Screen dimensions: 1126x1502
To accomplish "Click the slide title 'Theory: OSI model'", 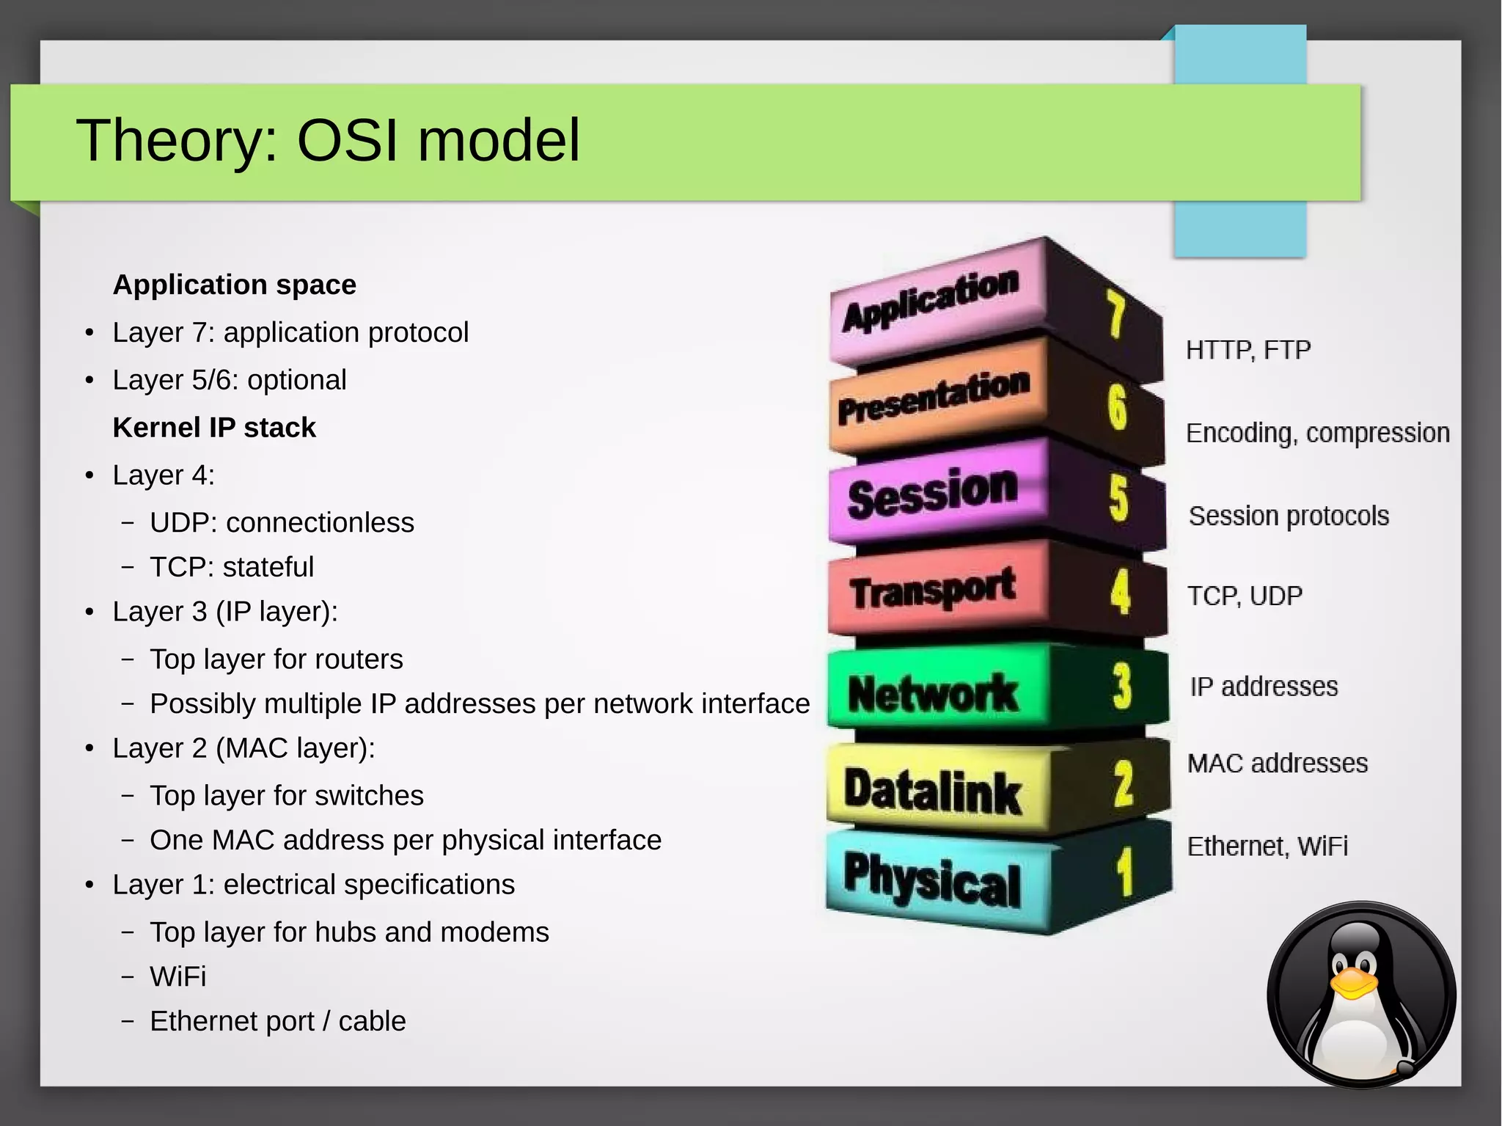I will point(328,140).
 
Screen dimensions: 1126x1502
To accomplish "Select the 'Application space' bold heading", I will point(234,285).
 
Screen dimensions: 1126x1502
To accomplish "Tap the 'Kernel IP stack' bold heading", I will point(213,428).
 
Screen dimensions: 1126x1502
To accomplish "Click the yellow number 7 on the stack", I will point(1115,313).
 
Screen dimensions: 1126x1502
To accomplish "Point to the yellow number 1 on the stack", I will point(1124,872).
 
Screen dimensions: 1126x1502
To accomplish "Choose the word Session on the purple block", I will point(932,493).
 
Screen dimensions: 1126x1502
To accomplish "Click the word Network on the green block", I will point(933,693).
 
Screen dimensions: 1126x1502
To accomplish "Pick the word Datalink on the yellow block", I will point(932,792).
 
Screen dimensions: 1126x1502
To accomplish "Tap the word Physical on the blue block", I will point(931,880).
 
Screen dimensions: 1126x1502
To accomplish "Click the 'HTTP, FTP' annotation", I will point(1248,351).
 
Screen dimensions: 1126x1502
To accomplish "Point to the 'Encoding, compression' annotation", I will point(1317,434).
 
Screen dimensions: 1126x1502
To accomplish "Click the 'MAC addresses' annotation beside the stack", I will point(1277,764).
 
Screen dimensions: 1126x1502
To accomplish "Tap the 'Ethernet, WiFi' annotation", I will point(1267,847).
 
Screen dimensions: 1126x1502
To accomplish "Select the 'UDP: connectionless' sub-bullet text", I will point(282,523).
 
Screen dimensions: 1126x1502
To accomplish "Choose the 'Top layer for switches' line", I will point(286,796).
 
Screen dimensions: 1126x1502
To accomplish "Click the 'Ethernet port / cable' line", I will point(277,1021).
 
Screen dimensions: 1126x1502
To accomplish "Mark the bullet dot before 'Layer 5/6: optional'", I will point(89,381).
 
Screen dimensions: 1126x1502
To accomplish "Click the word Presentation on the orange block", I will point(933,398).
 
